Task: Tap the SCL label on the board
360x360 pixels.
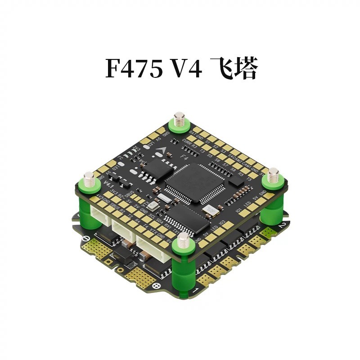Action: [152, 216]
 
